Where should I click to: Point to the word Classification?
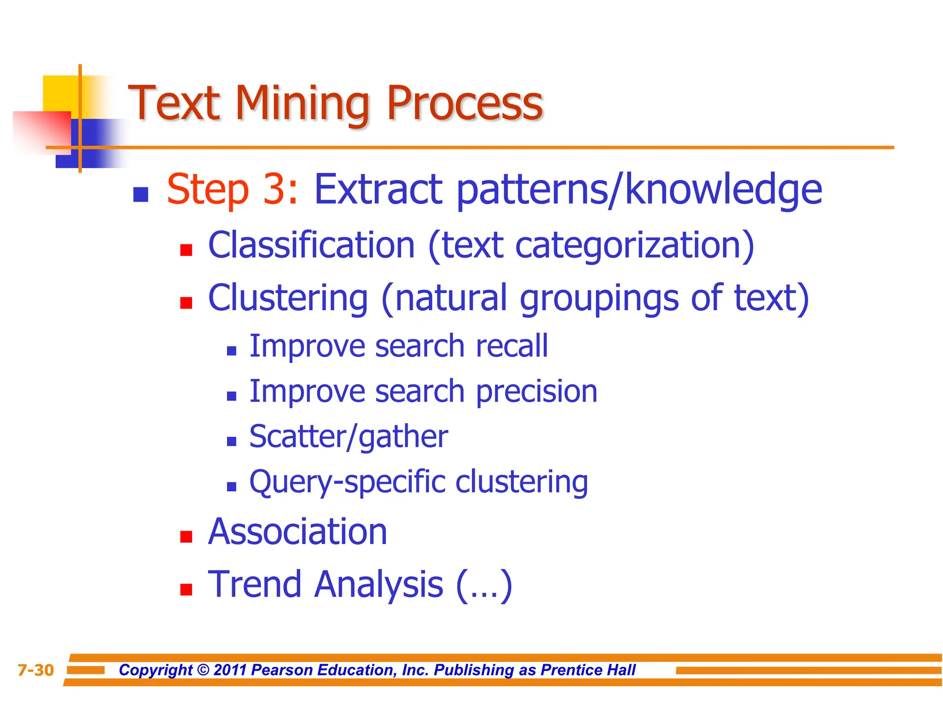(312, 245)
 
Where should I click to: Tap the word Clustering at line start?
(288, 298)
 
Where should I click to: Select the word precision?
(536, 392)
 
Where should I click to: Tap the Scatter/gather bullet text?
(349, 437)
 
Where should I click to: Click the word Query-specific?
(348, 482)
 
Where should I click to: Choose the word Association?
(297, 532)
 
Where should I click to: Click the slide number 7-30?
(35, 670)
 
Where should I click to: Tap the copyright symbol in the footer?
(203, 670)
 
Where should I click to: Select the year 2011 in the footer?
(230, 670)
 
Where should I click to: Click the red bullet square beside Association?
(186, 537)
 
